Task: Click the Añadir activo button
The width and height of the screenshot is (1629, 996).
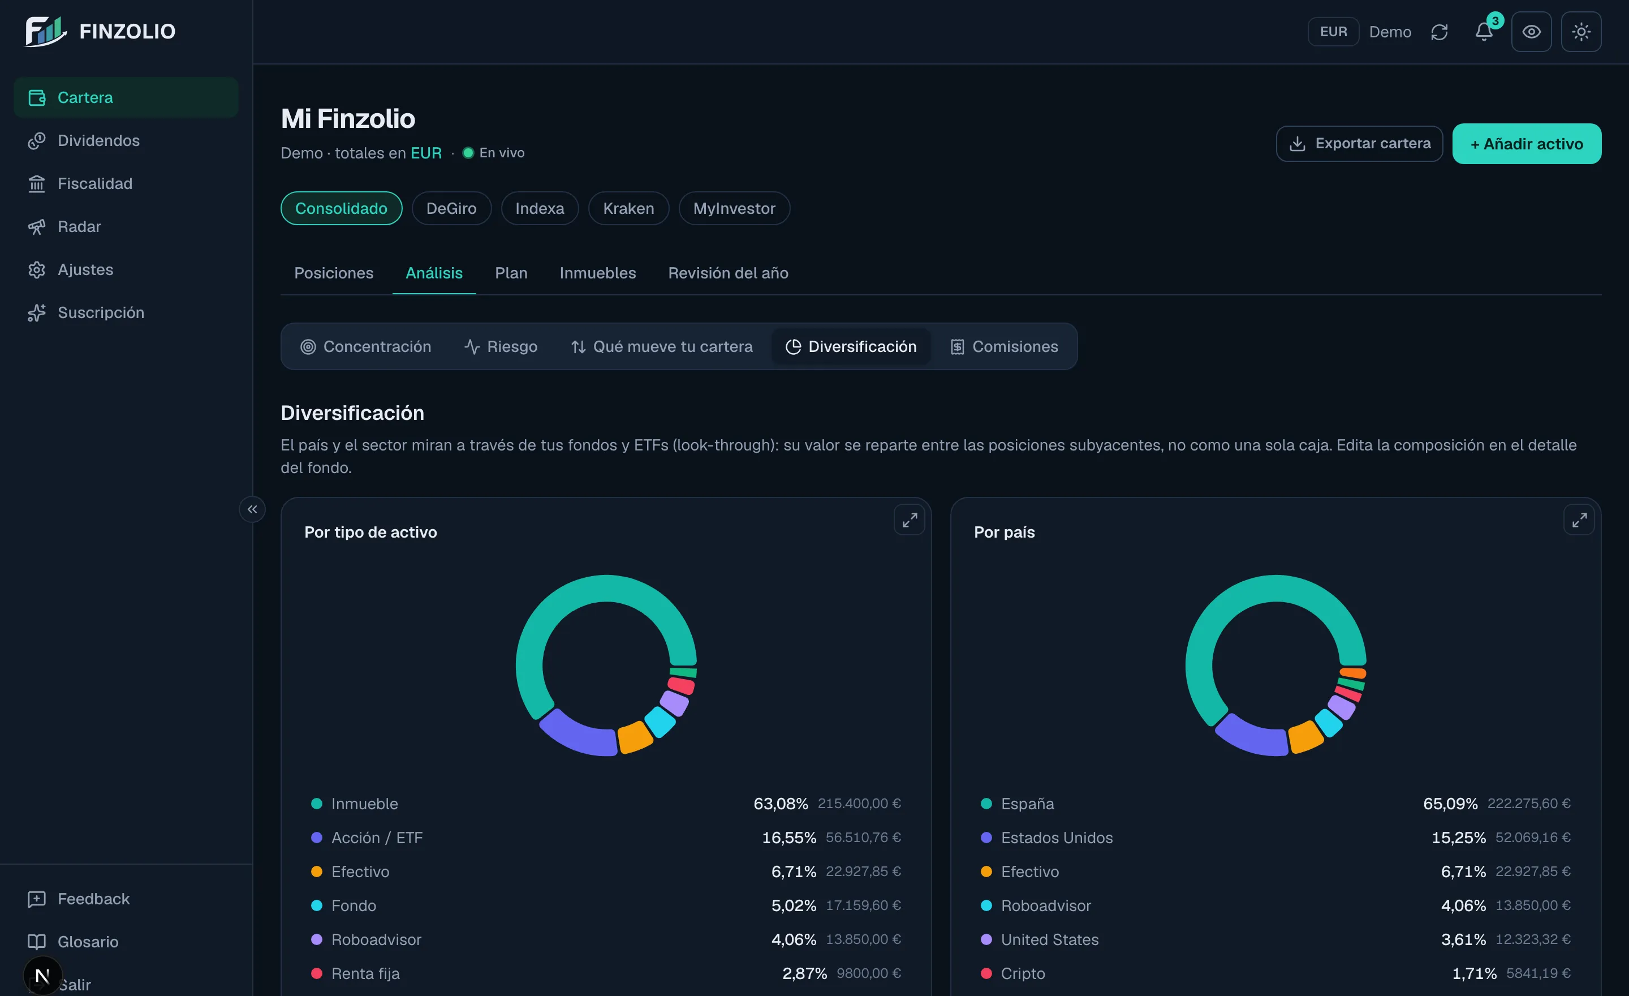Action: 1527,144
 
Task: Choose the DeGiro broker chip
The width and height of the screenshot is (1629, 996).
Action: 451,208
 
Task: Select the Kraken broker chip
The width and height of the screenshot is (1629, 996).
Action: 629,208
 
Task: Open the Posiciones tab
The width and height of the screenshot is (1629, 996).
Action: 334,273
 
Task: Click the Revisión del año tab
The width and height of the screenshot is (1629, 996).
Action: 728,273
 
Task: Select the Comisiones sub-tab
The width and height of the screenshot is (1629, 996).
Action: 1003,346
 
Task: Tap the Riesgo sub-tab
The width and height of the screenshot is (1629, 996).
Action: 501,346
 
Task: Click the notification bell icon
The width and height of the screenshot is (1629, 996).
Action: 1484,32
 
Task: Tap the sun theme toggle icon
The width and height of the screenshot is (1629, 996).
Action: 1581,32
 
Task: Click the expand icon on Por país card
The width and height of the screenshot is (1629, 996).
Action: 1579,521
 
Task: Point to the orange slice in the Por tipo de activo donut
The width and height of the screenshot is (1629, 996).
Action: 635,737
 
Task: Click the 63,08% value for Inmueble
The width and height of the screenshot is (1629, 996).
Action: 781,804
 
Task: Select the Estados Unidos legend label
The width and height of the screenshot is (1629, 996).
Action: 1057,838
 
